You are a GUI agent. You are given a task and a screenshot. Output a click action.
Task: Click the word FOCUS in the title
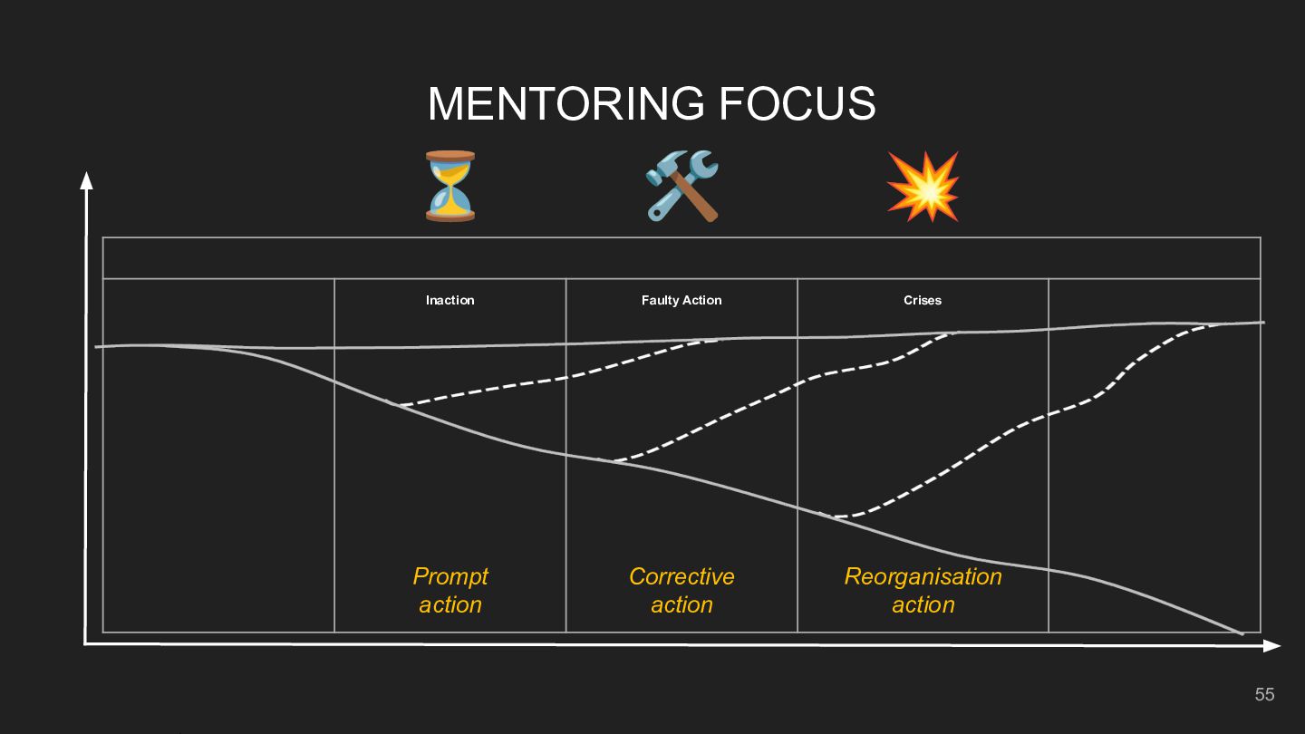(797, 103)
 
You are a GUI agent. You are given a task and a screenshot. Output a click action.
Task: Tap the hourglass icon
(449, 186)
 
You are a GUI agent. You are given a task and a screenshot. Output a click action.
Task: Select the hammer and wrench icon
(681, 186)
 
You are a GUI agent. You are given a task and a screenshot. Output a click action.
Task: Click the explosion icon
(923, 187)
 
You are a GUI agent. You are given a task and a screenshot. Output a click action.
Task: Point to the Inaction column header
(449, 300)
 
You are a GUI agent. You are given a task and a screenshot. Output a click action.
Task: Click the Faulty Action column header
(681, 300)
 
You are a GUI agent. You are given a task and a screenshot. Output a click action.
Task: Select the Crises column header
(923, 300)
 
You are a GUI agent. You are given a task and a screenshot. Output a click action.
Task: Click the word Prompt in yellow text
(450, 576)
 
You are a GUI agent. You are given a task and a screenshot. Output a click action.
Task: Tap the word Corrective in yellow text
(681, 576)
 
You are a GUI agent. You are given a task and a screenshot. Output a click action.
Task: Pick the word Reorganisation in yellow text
(923, 576)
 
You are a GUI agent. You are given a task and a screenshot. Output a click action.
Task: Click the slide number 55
(1264, 694)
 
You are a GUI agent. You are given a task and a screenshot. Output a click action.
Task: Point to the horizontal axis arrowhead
(1272, 646)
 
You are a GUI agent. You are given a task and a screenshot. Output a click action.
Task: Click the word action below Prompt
(450, 604)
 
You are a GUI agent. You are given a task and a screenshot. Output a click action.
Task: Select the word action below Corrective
(681, 604)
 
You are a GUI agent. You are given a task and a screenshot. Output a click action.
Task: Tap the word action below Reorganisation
(923, 604)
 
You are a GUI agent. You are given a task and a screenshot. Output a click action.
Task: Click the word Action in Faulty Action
(702, 300)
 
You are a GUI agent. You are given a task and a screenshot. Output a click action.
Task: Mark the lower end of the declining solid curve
(1241, 633)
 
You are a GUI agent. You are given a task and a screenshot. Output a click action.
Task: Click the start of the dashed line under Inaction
(388, 402)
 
